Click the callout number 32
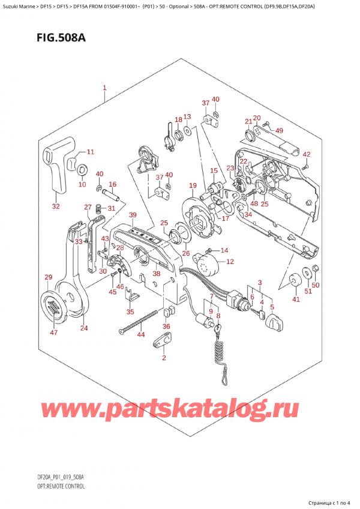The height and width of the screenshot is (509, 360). pyautogui.click(x=56, y=206)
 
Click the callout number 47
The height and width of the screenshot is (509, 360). pyautogui.click(x=54, y=332)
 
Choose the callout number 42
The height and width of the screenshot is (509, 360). pyautogui.click(x=306, y=154)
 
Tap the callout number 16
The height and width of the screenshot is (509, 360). pyautogui.click(x=112, y=184)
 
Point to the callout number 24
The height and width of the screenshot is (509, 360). pyautogui.click(x=83, y=328)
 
